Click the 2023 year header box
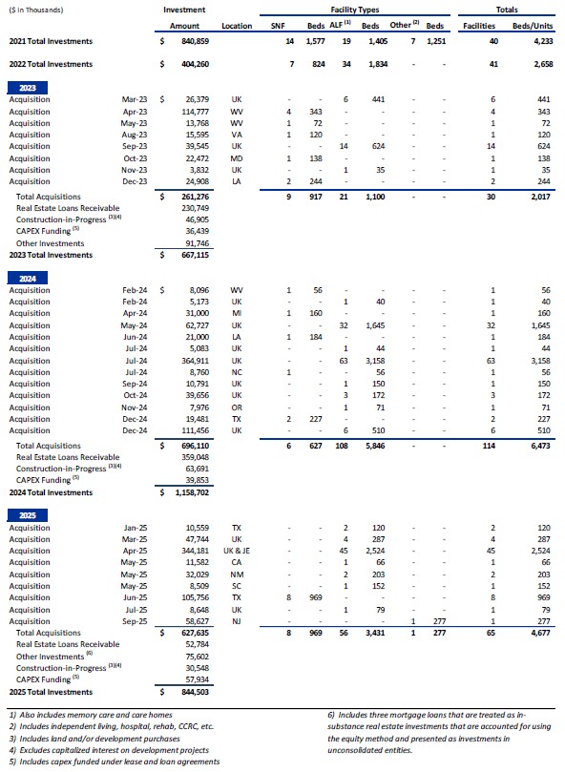20,87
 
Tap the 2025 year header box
20,515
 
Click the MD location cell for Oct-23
236,157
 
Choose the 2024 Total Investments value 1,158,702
186,492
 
